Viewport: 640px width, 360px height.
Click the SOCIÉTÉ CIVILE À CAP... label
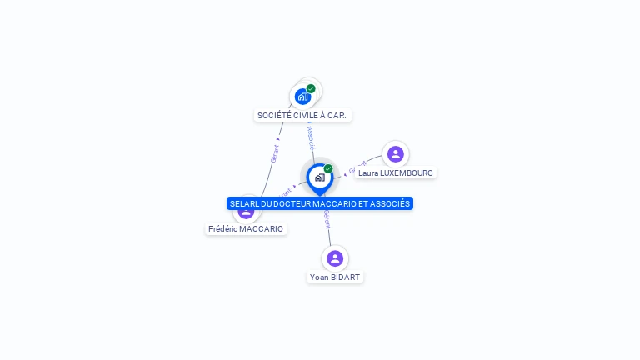tap(302, 116)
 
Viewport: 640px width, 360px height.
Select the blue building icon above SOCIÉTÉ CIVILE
tap(302, 97)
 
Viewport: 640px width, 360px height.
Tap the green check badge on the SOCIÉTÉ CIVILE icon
tap(311, 88)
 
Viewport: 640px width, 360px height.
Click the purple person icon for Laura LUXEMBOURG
tap(395, 153)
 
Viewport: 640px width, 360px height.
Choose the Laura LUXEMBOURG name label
tap(396, 173)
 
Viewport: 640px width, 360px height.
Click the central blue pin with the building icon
tap(319, 177)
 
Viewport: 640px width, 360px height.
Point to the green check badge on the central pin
tap(328, 169)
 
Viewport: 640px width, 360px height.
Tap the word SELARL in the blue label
tap(245, 203)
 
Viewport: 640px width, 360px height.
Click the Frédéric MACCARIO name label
tap(246, 228)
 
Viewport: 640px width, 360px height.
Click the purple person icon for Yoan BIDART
tap(335, 258)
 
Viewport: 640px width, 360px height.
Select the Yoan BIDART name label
tap(336, 277)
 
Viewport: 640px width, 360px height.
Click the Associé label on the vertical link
tap(311, 137)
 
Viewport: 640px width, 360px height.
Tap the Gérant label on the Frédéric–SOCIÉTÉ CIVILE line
tap(274, 153)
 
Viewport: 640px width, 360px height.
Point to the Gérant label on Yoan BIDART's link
tap(327, 218)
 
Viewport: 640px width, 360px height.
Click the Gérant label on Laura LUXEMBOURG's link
tap(352, 169)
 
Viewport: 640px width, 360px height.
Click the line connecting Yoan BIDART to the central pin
tap(330, 234)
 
